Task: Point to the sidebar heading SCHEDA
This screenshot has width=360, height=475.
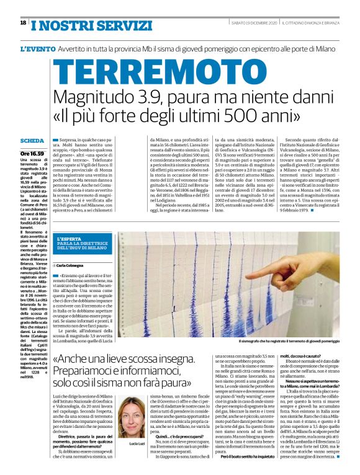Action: point(32,141)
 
